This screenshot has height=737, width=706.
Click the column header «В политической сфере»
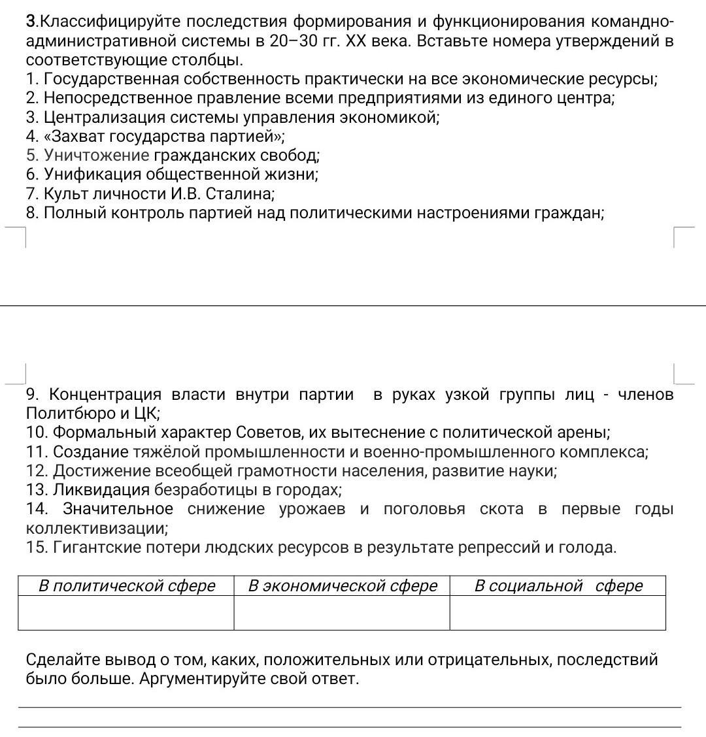coord(126,586)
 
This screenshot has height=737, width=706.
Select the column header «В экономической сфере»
coord(342,586)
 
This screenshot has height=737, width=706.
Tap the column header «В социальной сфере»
coord(558,586)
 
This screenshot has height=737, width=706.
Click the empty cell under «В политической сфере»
coord(126,613)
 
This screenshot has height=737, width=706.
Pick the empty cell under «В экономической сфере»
coord(342,613)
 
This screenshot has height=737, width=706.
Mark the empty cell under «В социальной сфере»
coord(558,613)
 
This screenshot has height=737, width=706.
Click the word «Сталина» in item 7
coord(239,194)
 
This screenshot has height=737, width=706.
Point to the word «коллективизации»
coord(96,528)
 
